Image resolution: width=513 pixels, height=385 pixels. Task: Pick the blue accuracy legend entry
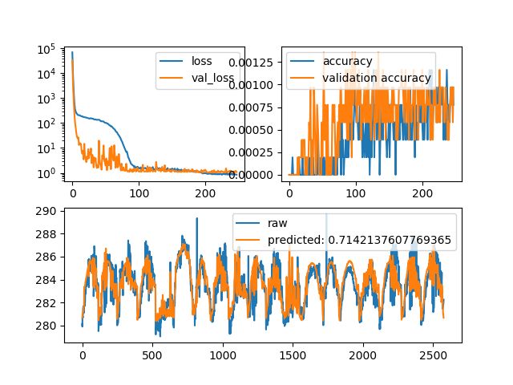tap(347, 61)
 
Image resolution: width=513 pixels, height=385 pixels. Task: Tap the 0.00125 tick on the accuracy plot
tap(252, 62)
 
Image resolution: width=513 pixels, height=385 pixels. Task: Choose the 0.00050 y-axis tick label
tap(252, 129)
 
